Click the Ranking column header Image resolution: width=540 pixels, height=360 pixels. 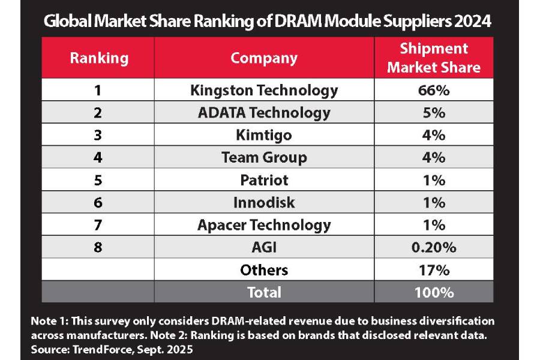98,58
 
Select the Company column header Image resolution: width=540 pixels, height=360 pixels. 264,58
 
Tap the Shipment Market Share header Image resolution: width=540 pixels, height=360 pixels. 433,58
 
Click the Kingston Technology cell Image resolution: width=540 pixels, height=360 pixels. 264,90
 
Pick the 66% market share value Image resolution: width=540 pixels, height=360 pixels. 433,90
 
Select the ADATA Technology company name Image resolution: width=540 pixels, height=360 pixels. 264,113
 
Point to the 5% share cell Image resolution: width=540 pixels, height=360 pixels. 433,113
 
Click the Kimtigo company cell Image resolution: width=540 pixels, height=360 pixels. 264,135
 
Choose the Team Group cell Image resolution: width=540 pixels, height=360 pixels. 264,157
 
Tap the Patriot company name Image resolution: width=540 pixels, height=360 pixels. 264,180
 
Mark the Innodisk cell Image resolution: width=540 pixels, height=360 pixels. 264,202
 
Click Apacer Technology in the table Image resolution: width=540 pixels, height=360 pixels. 264,225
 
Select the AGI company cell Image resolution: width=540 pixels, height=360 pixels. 264,247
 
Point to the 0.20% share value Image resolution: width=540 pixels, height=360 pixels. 433,247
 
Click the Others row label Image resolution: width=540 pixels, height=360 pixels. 264,270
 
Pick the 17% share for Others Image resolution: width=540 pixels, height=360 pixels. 433,270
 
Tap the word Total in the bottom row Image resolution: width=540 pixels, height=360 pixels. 264,292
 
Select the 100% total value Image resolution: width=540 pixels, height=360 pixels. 433,292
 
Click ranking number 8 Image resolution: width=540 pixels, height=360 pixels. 98,247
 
